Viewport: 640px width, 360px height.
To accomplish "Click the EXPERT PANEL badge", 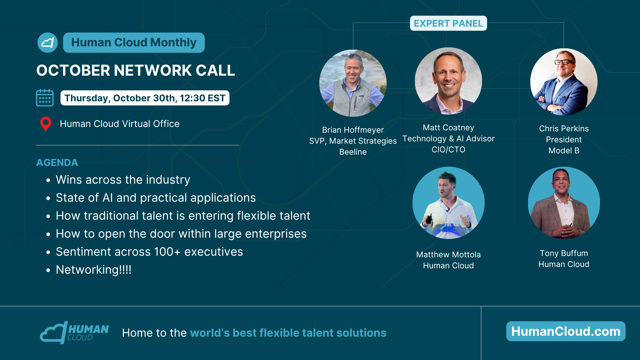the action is (x=448, y=23).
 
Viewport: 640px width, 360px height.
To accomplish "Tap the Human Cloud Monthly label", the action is (x=134, y=43).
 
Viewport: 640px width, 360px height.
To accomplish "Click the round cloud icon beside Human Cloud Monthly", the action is (x=48, y=43).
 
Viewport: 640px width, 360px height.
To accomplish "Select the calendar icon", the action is (x=45, y=98).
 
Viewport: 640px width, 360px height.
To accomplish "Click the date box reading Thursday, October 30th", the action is (x=145, y=98).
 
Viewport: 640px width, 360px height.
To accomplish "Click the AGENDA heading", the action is (x=57, y=163).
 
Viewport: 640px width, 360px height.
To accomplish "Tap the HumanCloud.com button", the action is (x=566, y=331).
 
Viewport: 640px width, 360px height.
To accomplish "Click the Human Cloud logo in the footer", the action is (x=74, y=333).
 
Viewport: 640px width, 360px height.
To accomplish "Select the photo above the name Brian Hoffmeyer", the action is (x=353, y=83).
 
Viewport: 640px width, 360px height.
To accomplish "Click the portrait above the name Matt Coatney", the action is (x=448, y=81).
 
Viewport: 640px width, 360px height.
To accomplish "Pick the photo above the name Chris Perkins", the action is (x=564, y=82).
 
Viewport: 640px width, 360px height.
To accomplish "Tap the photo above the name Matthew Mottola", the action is (x=448, y=203).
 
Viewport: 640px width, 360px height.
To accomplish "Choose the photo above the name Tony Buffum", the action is (x=564, y=203).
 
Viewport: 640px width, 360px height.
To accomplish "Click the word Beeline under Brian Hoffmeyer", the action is (x=353, y=152).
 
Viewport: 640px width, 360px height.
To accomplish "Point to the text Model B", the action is (x=564, y=151).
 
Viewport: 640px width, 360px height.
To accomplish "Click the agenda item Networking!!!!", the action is (x=94, y=270).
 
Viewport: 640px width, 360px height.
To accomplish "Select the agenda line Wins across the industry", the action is (x=123, y=180).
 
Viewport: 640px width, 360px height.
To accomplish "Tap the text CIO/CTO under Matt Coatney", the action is (x=448, y=150).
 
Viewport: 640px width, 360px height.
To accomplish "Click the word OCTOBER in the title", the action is (x=73, y=70).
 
